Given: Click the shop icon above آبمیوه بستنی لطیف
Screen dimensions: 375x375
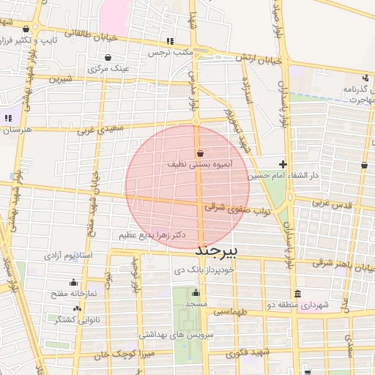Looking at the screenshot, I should pyautogui.click(x=201, y=154).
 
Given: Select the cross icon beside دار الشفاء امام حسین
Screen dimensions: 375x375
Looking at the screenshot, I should pyautogui.click(x=283, y=164).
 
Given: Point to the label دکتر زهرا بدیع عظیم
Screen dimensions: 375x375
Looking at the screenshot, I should pyautogui.click(x=152, y=235).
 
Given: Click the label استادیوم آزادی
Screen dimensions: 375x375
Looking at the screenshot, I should pyautogui.click(x=68, y=256).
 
